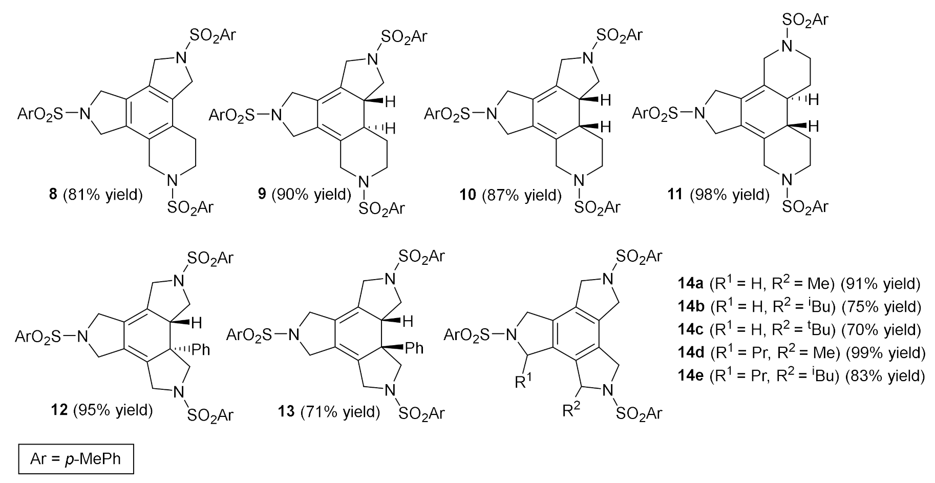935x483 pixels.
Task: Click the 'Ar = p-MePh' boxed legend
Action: point(76,458)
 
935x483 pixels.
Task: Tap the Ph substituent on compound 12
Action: point(201,350)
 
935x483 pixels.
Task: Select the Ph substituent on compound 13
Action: point(414,348)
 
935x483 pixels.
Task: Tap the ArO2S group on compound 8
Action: point(40,113)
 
